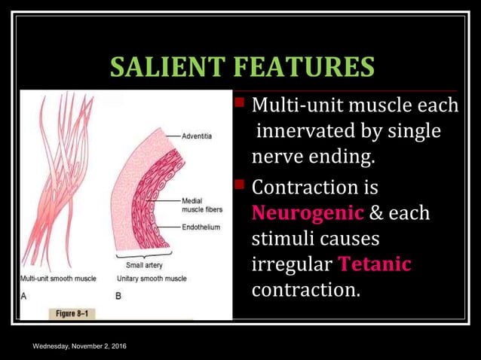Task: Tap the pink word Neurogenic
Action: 307,212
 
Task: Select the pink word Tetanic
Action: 375,264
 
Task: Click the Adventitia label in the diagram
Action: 197,136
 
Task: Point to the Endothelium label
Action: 201,227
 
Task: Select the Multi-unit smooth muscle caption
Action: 58,279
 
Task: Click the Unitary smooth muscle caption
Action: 152,279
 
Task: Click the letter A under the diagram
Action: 23,296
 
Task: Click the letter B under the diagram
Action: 118,296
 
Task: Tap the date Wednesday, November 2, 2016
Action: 79,346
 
